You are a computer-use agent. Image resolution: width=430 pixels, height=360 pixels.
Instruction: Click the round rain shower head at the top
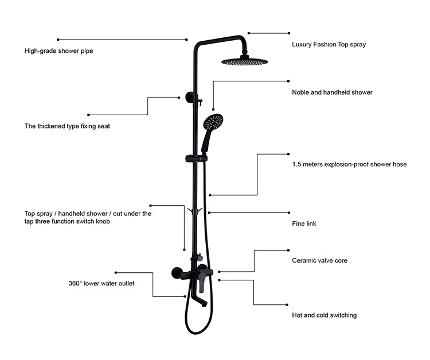[x=244, y=62]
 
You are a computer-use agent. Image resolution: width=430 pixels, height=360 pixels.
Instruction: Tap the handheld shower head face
[x=213, y=122]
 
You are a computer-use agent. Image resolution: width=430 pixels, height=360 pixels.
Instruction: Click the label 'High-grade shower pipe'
[x=58, y=50]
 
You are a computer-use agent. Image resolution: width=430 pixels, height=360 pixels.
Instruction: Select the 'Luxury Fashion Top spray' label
[x=329, y=44]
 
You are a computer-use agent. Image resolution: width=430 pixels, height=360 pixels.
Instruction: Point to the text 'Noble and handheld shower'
[x=332, y=92]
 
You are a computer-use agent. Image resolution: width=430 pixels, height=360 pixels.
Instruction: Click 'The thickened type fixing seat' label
[x=67, y=126]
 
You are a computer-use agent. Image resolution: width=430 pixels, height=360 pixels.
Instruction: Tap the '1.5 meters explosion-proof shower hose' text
[x=349, y=164]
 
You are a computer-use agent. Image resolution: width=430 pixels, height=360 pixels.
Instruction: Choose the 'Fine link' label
[x=304, y=224]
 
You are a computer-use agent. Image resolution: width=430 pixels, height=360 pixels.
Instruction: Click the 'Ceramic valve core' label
[x=319, y=260]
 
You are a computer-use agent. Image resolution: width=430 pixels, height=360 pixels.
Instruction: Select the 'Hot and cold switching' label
[x=324, y=315]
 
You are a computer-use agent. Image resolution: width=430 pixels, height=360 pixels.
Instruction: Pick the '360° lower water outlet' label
[x=101, y=284]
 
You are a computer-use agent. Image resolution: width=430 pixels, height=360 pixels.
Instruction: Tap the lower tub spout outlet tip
[x=204, y=304]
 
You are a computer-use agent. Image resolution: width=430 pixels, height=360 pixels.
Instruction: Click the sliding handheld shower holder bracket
[x=196, y=159]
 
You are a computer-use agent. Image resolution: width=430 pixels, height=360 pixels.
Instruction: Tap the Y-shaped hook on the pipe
[x=195, y=212]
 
